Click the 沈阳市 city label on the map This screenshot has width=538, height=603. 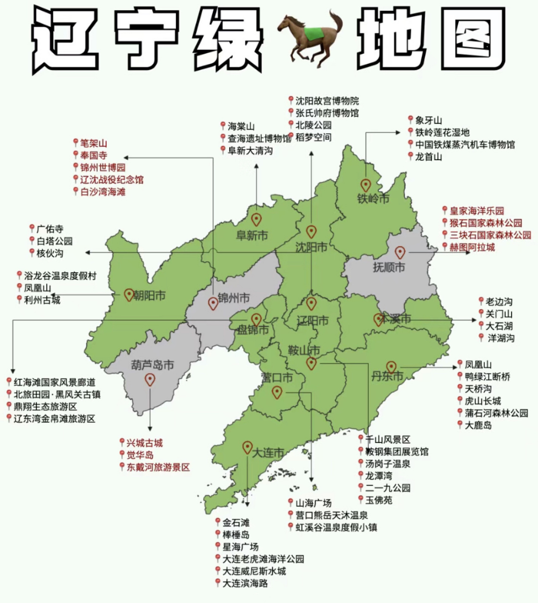point(311,247)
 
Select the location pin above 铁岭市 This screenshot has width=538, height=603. point(365,185)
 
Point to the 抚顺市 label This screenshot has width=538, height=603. point(389,267)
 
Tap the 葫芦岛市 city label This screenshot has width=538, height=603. point(152,365)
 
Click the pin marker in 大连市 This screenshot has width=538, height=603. point(247,447)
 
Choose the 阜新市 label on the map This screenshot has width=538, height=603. point(252,235)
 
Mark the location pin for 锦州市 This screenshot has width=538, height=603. point(213,303)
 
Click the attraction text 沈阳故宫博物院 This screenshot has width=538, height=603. point(327,100)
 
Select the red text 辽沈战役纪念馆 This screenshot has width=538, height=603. point(111,179)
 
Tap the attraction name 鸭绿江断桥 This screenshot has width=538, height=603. point(487,376)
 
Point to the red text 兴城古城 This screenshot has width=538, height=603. point(144,443)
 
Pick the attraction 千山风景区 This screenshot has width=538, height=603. point(388,439)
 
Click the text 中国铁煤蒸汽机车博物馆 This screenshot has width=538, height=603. point(465,145)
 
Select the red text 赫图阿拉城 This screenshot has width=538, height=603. point(472,247)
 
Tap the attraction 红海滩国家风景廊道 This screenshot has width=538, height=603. point(54,382)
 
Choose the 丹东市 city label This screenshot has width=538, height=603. point(387,376)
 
